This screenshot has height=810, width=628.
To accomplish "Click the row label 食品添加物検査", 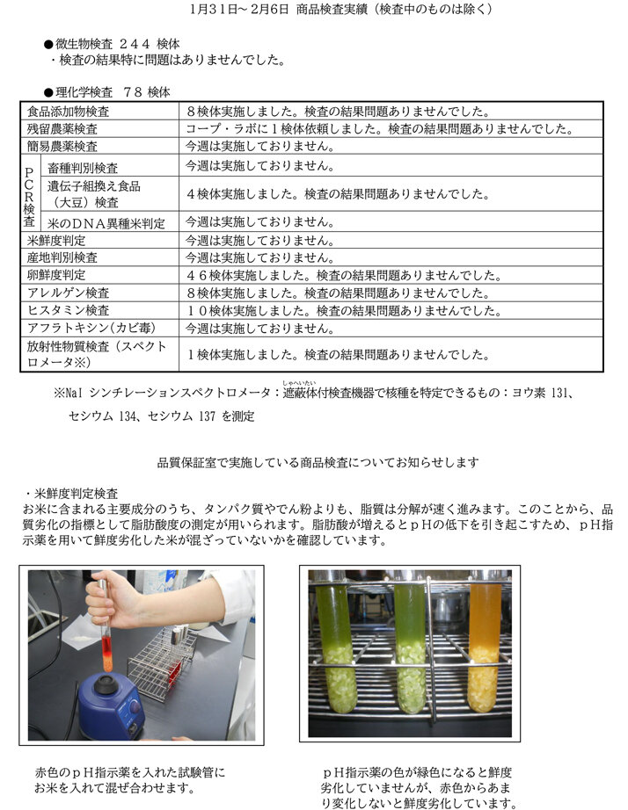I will click(x=69, y=112).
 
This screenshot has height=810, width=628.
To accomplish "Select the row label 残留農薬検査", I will click(x=62, y=129).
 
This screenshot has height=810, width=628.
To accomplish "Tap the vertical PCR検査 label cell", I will click(x=29, y=193).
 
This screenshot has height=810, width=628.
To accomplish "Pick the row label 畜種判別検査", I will click(x=83, y=166).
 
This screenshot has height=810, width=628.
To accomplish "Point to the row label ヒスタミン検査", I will click(x=69, y=310).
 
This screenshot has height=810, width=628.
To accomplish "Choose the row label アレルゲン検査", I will click(x=69, y=293).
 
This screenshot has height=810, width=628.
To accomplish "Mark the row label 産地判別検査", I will click(x=62, y=257).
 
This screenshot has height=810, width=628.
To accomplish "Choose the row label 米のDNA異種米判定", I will click(x=106, y=222).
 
